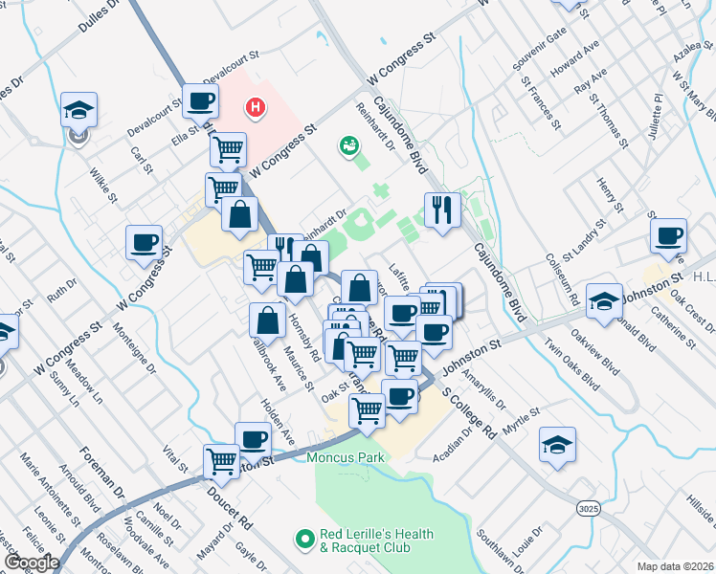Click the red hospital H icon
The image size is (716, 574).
[255, 107]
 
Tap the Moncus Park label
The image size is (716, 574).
[346, 457]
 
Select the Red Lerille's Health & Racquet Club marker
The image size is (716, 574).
[305, 541]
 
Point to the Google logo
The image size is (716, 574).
[32, 563]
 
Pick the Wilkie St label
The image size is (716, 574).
[102, 187]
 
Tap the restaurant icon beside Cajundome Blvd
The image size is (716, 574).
[441, 210]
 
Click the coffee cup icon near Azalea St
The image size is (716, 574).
[667, 235]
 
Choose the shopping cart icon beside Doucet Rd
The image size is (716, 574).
[222, 461]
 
